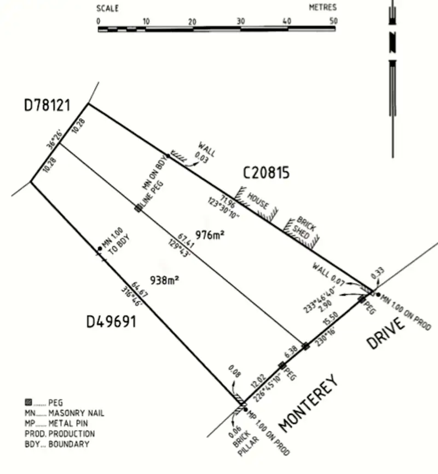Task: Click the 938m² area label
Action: pyautogui.click(x=165, y=280)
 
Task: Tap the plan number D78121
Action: pyautogui.click(x=47, y=105)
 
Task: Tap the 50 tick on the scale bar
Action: pyautogui.click(x=333, y=21)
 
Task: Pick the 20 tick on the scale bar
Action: pyautogui.click(x=192, y=21)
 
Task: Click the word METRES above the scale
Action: pyautogui.click(x=322, y=8)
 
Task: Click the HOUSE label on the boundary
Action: pyautogui.click(x=258, y=201)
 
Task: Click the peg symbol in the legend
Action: pyautogui.click(x=29, y=403)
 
